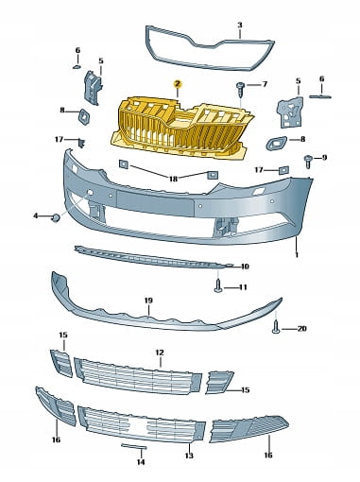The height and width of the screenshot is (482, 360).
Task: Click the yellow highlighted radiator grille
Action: pos(182,129)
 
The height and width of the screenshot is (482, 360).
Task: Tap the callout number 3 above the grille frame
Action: pos(240,25)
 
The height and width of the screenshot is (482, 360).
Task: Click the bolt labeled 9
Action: pos(308,162)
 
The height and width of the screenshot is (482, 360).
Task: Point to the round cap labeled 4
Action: pos(56,217)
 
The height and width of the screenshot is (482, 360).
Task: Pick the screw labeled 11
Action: pos(218,286)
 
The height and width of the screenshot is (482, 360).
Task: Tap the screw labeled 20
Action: pos(276,327)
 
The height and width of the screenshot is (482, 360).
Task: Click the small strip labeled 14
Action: pos(134,446)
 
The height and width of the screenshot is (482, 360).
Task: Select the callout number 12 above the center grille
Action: pos(160,353)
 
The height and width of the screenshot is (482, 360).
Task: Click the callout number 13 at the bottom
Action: pos(189,456)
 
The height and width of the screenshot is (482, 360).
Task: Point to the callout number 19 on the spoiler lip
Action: pos(148,301)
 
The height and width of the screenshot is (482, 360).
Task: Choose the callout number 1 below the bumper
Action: pos(297,254)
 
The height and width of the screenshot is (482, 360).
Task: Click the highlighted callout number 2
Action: pos(178,84)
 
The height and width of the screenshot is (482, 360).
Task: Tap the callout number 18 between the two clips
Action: pos(173,179)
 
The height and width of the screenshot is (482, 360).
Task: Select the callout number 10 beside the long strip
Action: pos(245,267)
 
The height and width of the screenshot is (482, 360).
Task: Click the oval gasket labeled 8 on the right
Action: pos(276,144)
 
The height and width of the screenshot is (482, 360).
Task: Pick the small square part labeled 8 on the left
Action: pos(84,117)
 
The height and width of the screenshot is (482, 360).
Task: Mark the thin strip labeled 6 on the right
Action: pos(320,96)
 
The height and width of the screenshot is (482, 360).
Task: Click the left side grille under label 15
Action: pos(61,363)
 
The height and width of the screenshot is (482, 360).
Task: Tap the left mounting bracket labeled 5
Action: pos(93,88)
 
